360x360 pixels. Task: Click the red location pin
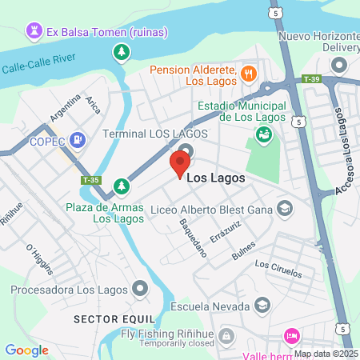pos(179,164)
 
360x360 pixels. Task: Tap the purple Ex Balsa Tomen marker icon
pos(34,32)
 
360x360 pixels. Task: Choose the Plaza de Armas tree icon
pos(121,186)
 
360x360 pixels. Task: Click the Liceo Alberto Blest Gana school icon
pos(283,210)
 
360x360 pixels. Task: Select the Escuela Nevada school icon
pos(262,306)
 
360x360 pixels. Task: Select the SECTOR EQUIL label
pos(106,318)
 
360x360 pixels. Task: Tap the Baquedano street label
pos(194,237)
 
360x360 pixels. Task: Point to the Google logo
pos(26,350)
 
